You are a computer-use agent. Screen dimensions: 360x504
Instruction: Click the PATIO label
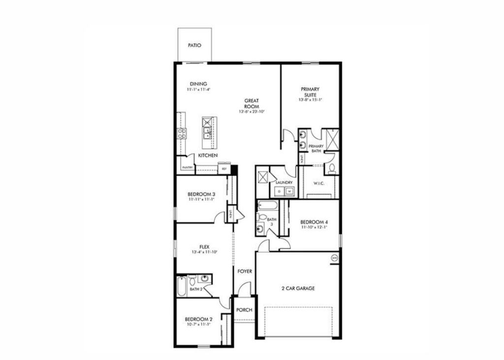click(x=195, y=45)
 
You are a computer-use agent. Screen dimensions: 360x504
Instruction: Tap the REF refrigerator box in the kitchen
click(x=224, y=169)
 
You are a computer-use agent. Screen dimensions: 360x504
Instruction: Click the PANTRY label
click(x=187, y=167)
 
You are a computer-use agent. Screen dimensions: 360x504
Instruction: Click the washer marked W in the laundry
click(x=290, y=191)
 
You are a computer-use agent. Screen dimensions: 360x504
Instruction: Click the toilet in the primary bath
click(x=332, y=168)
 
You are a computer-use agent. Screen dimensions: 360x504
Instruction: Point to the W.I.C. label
click(x=319, y=184)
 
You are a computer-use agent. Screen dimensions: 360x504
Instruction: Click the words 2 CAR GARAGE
click(x=297, y=289)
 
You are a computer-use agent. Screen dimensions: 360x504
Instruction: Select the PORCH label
click(x=244, y=310)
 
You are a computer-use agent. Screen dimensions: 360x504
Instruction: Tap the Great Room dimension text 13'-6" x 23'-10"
click(x=252, y=112)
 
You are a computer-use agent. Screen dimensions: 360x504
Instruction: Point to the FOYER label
click(x=245, y=271)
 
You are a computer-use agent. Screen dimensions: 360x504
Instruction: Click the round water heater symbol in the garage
click(x=334, y=258)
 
